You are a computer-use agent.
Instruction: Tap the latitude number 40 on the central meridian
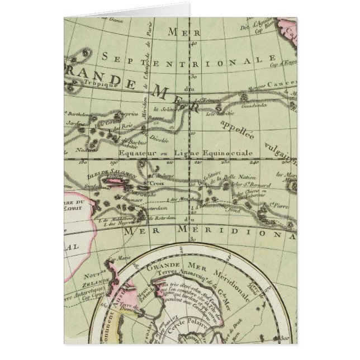tap(194, 42)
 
